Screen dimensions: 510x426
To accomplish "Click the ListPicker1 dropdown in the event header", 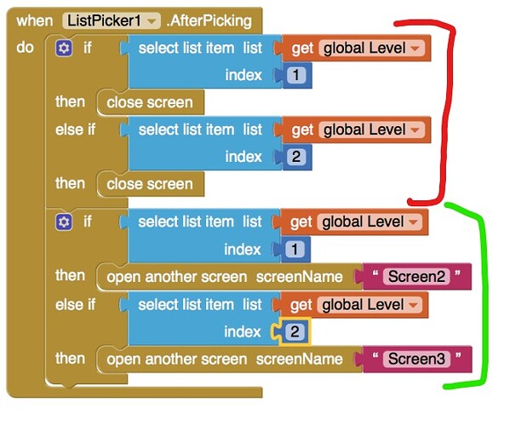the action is tap(112, 20).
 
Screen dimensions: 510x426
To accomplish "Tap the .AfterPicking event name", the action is tap(209, 20).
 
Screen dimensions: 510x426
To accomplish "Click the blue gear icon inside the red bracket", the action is tap(64, 49).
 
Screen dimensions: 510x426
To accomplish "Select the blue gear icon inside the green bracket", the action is tap(64, 222).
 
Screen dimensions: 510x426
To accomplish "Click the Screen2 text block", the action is tap(416, 277).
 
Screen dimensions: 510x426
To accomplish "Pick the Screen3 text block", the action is tap(416, 359).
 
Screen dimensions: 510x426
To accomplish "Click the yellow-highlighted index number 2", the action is tap(295, 331).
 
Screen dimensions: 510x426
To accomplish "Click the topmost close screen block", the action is tap(150, 102).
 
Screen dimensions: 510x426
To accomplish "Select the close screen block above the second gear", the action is tap(150, 184).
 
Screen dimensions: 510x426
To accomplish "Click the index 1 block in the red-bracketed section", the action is tap(296, 75).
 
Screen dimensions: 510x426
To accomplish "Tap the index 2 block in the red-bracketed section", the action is tap(296, 157).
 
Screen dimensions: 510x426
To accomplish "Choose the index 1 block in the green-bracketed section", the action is tap(295, 250).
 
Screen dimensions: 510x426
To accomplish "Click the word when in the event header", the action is tap(34, 20).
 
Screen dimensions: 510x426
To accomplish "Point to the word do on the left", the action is tap(25, 48).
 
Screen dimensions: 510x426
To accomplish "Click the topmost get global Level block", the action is tap(357, 49).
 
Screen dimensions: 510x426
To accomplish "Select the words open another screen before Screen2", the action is tap(177, 277).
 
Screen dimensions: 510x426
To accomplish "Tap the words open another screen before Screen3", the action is tap(177, 360).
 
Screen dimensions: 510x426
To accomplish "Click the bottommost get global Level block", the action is tap(354, 305).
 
